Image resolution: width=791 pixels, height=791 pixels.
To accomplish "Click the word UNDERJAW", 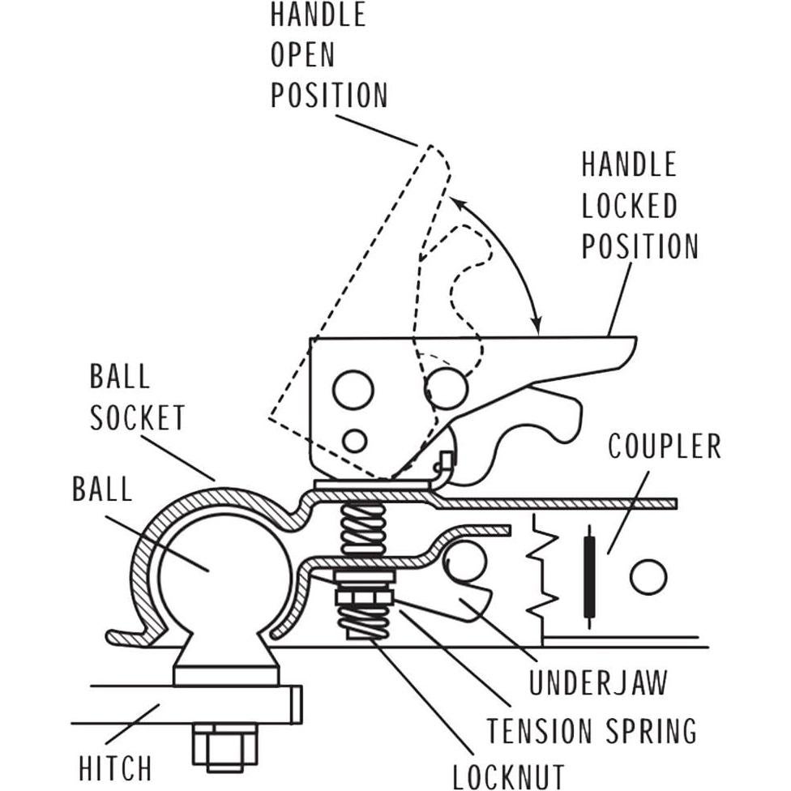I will [598, 682].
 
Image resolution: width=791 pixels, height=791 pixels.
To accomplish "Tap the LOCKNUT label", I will [508, 775].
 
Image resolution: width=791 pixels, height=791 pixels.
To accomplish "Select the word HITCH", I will [114, 767].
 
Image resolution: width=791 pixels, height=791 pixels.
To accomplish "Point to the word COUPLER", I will [664, 446].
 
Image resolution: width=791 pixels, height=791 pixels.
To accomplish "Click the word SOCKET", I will [137, 418].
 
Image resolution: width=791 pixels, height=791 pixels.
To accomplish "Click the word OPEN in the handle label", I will [302, 55].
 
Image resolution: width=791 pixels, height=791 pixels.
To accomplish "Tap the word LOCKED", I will [629, 205].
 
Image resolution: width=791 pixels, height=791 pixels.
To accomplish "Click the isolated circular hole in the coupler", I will [648, 577].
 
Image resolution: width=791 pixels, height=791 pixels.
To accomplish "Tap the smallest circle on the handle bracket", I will [354, 441].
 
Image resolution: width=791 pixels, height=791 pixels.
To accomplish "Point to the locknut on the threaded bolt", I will [363, 601].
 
